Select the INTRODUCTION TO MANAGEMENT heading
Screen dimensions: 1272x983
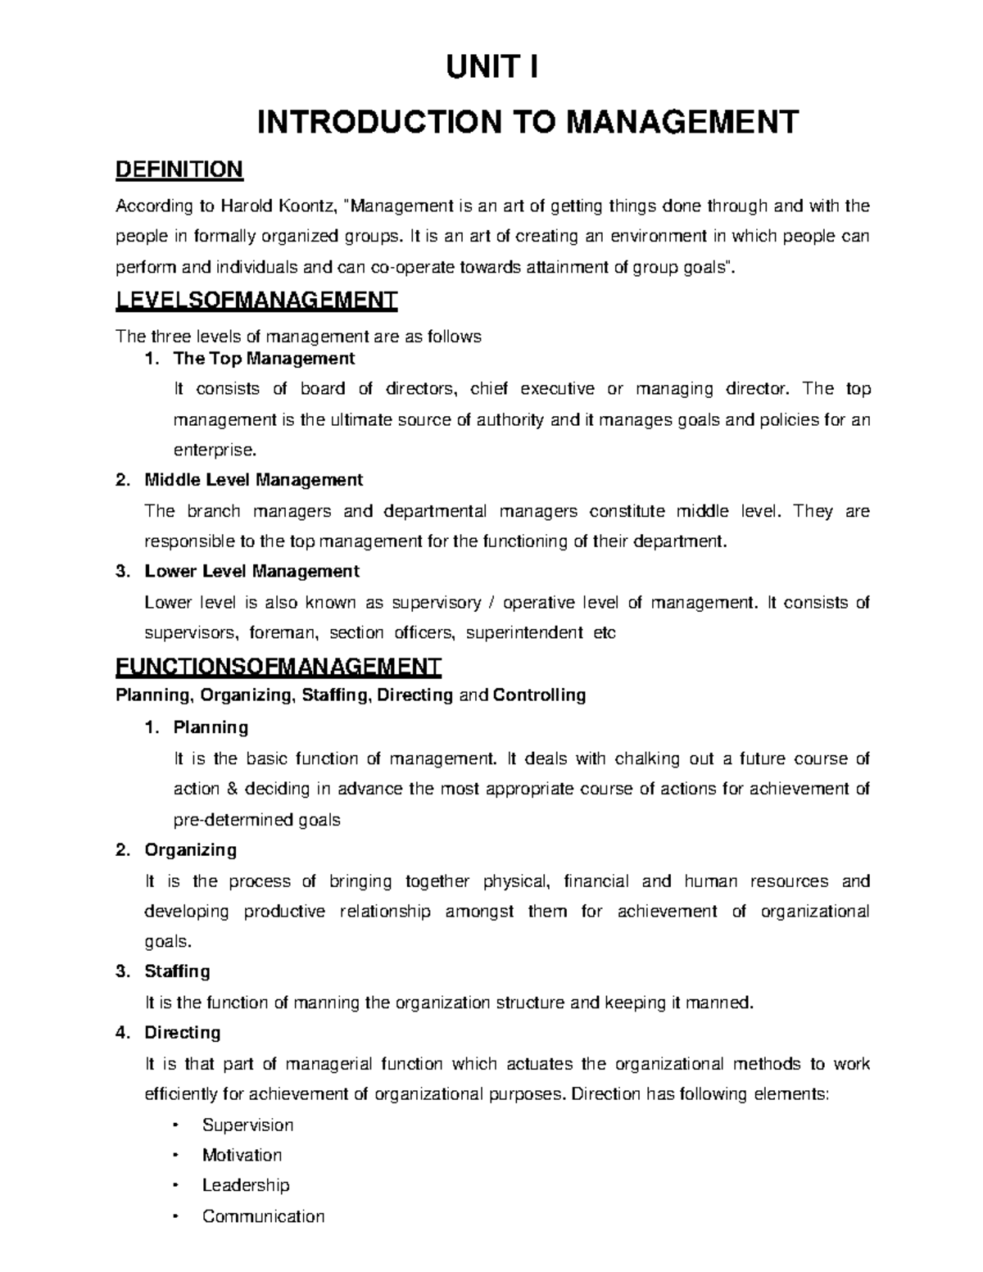[x=528, y=122]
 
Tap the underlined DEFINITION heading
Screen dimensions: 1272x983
[x=179, y=170]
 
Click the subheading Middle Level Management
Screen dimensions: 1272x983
[x=253, y=479]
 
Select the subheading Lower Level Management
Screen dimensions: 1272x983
[x=251, y=570]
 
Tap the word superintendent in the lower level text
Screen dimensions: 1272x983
[x=523, y=632]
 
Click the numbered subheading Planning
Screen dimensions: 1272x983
[x=211, y=727]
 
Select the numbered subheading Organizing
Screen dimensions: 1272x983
[x=190, y=849]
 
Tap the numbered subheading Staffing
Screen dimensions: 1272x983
[x=177, y=971]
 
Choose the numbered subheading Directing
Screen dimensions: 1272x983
[x=182, y=1032]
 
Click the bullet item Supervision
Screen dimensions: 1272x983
[x=247, y=1125]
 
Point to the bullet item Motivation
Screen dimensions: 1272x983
[x=242, y=1155]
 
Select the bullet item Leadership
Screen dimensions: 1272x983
[x=246, y=1185]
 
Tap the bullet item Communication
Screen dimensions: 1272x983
[x=263, y=1216]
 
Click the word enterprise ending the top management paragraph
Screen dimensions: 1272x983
[x=213, y=450]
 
